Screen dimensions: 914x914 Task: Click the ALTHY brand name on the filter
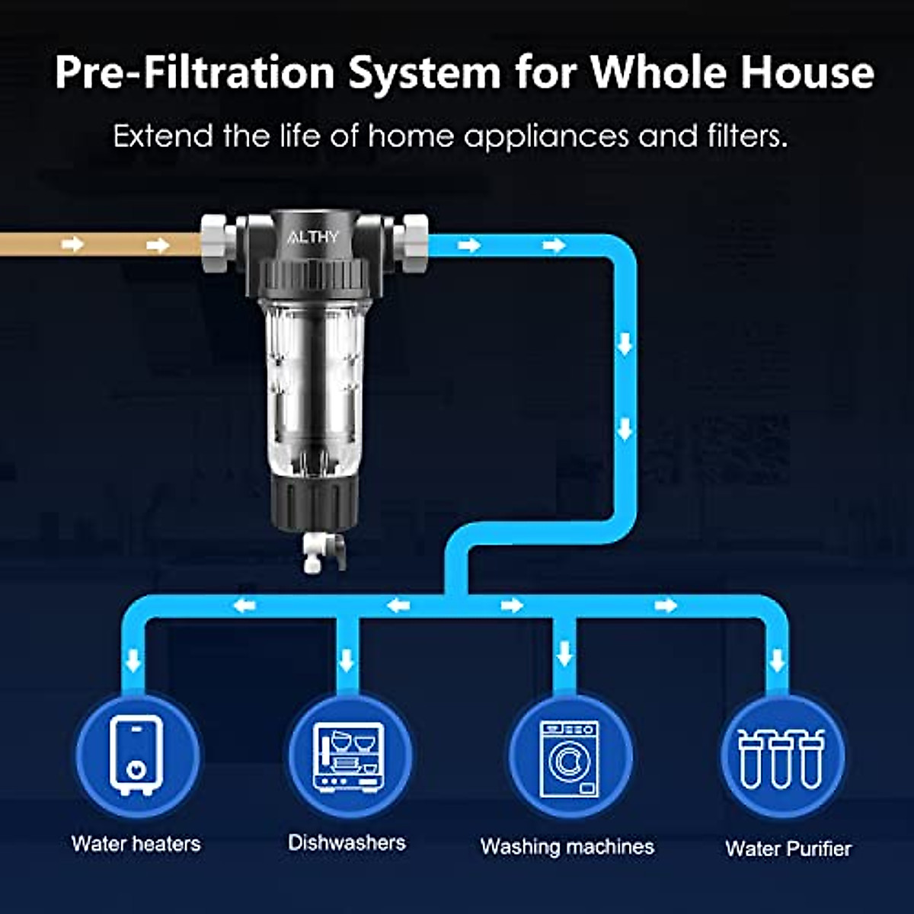click(x=313, y=237)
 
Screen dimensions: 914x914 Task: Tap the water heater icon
click(x=136, y=755)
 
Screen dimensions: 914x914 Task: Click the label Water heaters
click(x=136, y=844)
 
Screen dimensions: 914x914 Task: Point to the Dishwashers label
click(x=347, y=842)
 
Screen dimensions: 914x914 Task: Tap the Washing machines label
click(x=567, y=846)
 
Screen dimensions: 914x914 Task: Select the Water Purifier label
click(x=788, y=848)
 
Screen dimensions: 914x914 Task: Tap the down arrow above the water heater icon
click(x=134, y=659)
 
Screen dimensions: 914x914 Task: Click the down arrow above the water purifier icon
click(x=777, y=659)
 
